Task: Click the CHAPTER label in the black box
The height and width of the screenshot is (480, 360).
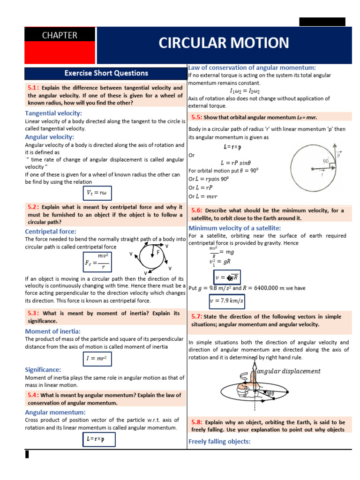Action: (60, 35)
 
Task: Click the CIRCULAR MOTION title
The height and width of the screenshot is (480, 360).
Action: (224, 43)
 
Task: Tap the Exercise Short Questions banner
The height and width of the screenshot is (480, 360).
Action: (106, 73)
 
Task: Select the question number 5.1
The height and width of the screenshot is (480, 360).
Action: (34, 88)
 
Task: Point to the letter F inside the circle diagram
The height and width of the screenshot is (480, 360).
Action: (158, 252)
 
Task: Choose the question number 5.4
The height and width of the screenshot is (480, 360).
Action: (34, 395)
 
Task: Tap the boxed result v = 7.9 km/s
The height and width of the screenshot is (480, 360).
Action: (226, 300)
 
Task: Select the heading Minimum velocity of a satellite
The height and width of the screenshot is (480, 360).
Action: (234, 228)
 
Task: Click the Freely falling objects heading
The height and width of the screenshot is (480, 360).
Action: (219, 441)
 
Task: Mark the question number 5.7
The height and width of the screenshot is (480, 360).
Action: (197, 316)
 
